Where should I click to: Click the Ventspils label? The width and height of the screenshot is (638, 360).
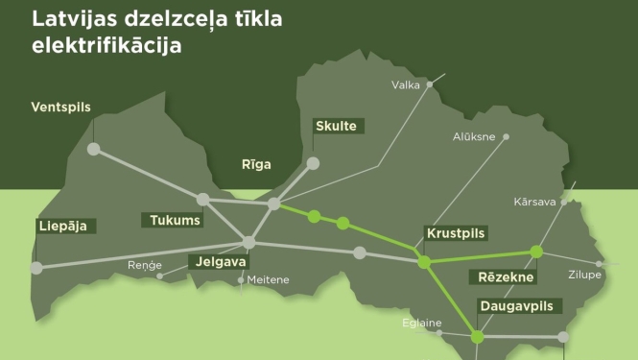(x=60, y=107)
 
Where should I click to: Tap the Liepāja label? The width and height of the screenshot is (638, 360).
(x=62, y=227)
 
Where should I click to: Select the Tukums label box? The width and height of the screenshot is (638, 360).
(x=176, y=221)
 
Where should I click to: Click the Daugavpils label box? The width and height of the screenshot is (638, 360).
(x=518, y=306)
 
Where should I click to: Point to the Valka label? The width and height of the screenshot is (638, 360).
(x=407, y=85)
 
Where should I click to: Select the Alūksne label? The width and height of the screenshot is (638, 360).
(x=474, y=136)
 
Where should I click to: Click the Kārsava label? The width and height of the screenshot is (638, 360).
(x=534, y=203)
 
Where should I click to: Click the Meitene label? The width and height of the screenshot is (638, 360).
(x=268, y=279)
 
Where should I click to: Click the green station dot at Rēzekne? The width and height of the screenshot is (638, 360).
(x=536, y=252)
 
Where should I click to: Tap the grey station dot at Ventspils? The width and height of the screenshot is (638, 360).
(x=94, y=149)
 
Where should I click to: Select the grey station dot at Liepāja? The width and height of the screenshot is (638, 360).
(x=37, y=269)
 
